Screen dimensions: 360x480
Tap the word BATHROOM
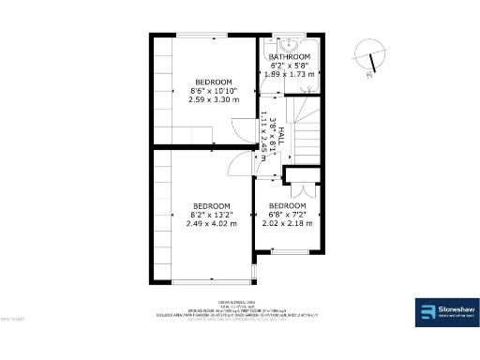[x=289, y=57]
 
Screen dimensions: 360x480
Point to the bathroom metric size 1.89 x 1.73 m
[x=290, y=73]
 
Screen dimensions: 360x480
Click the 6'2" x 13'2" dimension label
[x=212, y=215]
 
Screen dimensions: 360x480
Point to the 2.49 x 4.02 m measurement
[x=212, y=224]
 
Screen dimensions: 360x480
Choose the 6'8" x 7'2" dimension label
[x=288, y=215]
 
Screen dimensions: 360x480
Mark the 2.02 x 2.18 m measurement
[x=288, y=224]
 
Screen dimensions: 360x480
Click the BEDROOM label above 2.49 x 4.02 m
[x=212, y=205]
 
